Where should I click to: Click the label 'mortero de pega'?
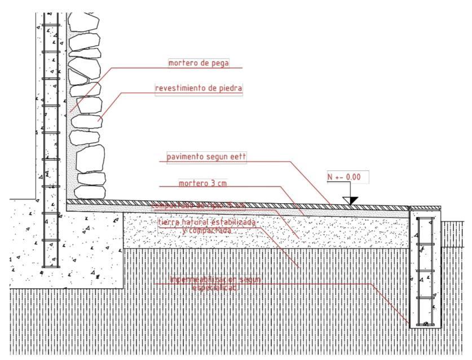pos(198,63)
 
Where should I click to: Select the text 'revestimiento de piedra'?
pos(198,89)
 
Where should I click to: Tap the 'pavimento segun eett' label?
pos(206,157)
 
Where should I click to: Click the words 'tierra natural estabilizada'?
pos(207,223)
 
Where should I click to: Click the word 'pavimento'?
pos(184,157)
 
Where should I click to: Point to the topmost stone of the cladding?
pos(85,24)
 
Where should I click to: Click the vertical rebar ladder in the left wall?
pos(51,141)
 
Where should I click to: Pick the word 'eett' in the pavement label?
pos(238,157)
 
